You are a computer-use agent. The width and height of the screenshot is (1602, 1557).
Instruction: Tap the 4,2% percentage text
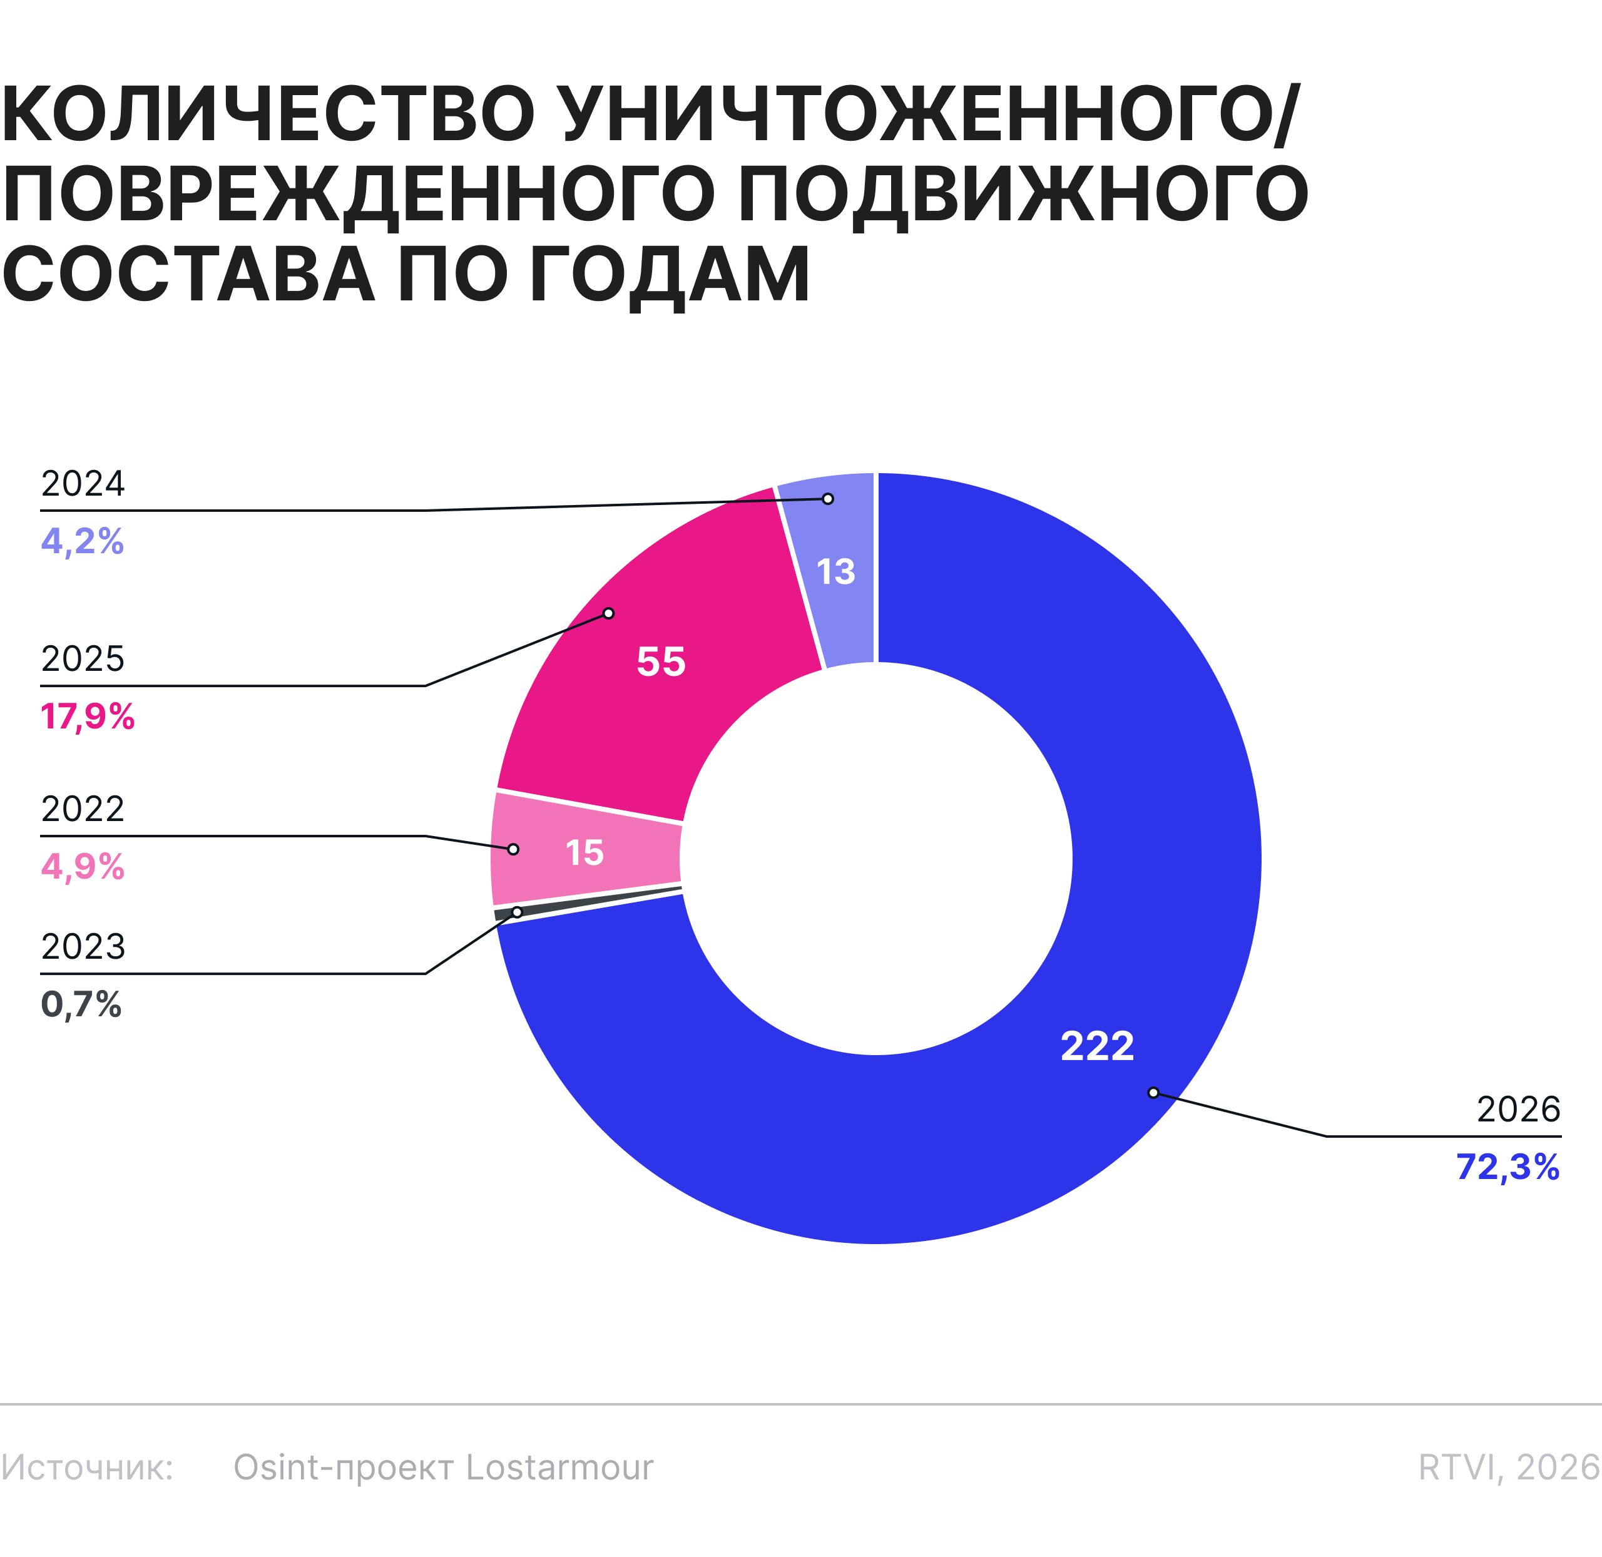(83, 541)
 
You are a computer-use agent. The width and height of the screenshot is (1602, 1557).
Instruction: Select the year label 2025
(83, 658)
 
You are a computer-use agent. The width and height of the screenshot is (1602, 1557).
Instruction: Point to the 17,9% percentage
(88, 717)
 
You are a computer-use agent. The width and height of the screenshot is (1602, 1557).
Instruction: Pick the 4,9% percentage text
(83, 867)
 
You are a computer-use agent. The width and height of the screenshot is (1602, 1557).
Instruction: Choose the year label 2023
(83, 946)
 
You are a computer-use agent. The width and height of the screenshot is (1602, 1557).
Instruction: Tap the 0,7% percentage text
(81, 1004)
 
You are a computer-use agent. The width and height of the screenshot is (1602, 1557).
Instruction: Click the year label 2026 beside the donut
(1519, 1109)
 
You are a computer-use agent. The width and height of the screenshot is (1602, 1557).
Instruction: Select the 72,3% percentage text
(1508, 1167)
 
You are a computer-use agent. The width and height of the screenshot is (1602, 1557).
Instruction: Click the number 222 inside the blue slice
(1098, 1046)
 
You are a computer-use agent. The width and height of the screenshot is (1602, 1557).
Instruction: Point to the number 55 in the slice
(661, 661)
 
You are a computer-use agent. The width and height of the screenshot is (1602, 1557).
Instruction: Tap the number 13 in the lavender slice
(836, 571)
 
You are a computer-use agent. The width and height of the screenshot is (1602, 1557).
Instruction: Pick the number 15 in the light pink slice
(584, 853)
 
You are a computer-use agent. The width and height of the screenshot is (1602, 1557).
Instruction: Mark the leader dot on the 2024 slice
(827, 499)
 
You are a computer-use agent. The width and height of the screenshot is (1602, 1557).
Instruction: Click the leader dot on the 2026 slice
(1153, 1093)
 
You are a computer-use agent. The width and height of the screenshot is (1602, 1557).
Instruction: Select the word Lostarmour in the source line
(559, 1468)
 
